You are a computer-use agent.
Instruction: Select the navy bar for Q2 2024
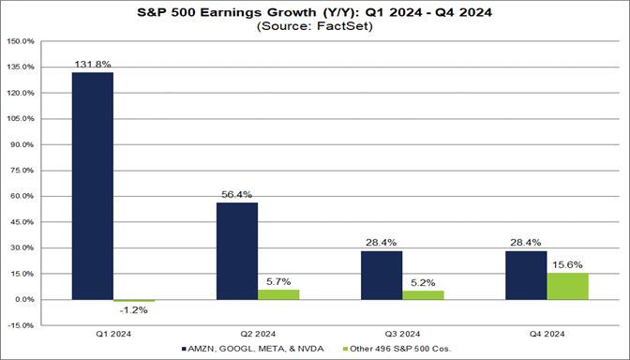(x=237, y=251)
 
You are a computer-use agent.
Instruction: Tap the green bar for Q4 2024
(x=568, y=286)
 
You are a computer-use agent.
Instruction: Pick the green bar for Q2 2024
(x=278, y=294)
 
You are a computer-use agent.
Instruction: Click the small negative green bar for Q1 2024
(x=134, y=301)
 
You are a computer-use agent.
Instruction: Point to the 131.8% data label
(x=93, y=65)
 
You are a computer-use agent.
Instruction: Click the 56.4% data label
(x=237, y=195)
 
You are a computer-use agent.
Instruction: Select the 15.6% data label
(x=568, y=265)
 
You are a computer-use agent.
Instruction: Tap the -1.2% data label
(x=134, y=310)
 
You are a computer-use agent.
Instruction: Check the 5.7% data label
(x=278, y=282)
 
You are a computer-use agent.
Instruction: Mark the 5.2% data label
(x=424, y=283)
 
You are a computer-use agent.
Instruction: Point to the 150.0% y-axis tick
(x=21, y=42)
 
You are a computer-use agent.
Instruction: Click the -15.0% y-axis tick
(x=21, y=325)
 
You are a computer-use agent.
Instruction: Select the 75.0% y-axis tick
(x=21, y=171)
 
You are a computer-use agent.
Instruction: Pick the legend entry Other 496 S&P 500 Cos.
(x=395, y=350)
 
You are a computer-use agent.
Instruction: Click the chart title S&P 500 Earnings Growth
(x=315, y=13)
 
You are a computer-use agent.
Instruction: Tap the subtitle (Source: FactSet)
(x=315, y=27)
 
